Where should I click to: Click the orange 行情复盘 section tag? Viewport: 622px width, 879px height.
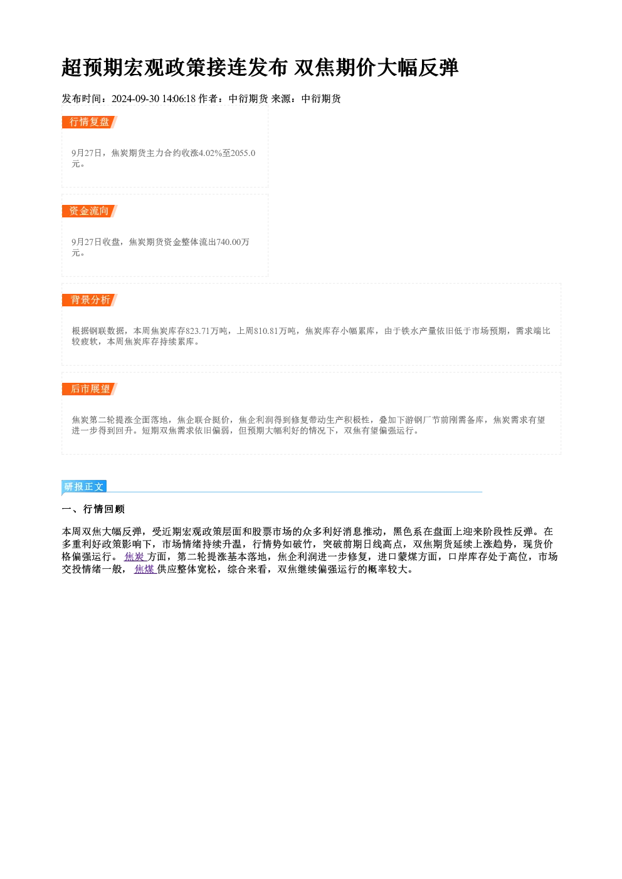pos(90,122)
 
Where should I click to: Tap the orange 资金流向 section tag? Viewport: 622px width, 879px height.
pos(90,211)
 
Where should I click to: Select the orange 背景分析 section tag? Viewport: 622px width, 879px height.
pos(90,300)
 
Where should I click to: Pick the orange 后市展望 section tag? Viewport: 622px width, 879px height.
pos(90,389)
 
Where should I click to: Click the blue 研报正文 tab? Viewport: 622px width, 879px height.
pos(84,487)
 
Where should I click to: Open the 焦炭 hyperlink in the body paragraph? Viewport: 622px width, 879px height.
pos(135,557)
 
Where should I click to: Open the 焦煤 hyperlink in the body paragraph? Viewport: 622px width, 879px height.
pos(145,570)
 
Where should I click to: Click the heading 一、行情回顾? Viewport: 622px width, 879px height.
pos(93,509)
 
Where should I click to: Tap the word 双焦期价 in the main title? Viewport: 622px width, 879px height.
pos(335,68)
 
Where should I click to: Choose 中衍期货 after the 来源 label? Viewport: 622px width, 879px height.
pos(321,99)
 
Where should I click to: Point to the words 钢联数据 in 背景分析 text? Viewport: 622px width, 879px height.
pos(107,331)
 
